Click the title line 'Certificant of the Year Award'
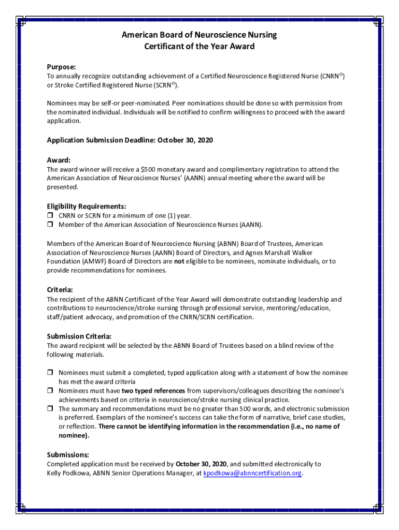[x=199, y=47]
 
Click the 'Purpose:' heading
[x=61, y=67]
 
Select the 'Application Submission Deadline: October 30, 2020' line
[x=130, y=140]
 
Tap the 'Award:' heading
[x=59, y=160]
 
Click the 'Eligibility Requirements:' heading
[x=86, y=206]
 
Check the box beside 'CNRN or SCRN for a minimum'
[x=50, y=215]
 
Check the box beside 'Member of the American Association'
[x=50, y=225]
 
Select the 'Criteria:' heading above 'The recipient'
[x=60, y=290]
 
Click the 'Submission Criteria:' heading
[x=79, y=336]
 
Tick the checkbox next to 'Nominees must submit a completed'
[x=50, y=373]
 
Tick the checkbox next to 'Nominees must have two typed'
[x=50, y=391]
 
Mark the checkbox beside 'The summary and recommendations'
[x=50, y=409]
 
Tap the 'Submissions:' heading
[x=68, y=455]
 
